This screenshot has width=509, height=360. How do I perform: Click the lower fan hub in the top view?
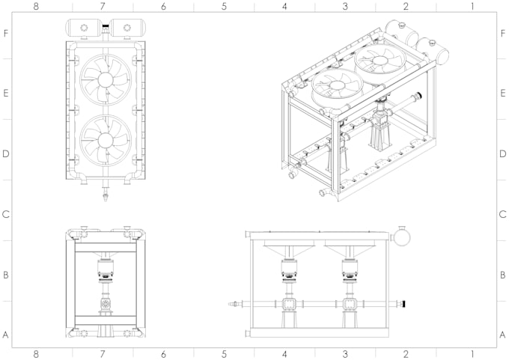[x=106, y=139]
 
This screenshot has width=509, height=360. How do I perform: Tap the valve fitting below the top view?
[x=106, y=198]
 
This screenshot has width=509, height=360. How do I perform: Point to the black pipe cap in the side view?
[x=404, y=304]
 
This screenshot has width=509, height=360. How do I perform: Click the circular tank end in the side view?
[x=403, y=236]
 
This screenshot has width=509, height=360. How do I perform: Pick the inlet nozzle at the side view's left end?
[x=236, y=304]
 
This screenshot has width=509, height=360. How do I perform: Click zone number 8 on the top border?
[x=35, y=6]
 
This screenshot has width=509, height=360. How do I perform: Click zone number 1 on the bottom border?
[x=472, y=353]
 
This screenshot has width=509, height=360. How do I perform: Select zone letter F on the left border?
[x=6, y=34]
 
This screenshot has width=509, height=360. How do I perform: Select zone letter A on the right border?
[x=503, y=335]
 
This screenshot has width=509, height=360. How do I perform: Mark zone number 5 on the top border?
[x=224, y=6]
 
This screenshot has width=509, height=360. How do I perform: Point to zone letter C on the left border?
[x=6, y=215]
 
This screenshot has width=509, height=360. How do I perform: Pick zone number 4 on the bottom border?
[x=284, y=353]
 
